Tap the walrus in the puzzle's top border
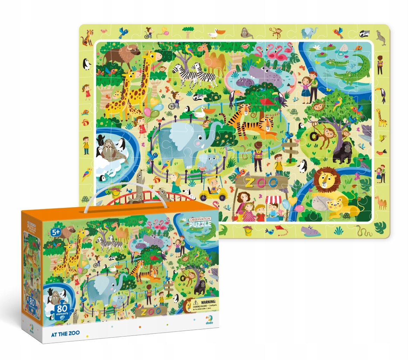pyautogui.click(x=247, y=33)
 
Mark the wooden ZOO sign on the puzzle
pyautogui.click(x=261, y=182)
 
